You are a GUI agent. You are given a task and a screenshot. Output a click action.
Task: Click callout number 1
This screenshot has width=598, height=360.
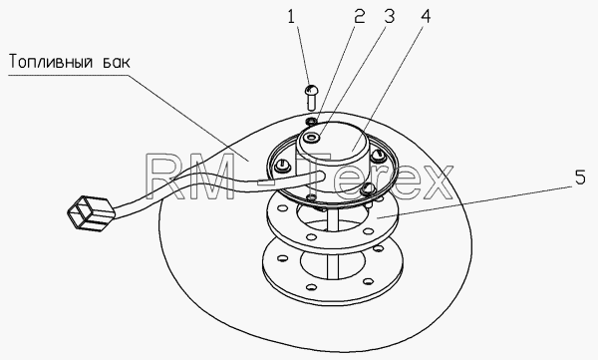(x=291, y=17)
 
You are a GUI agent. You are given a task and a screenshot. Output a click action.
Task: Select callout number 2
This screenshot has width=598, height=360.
(x=359, y=17)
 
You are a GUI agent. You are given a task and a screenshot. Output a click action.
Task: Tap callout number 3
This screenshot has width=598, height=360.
(x=389, y=17)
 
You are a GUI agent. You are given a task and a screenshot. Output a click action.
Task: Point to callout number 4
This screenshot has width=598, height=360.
(x=426, y=17)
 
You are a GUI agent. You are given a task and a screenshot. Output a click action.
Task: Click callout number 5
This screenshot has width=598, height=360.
(x=580, y=178)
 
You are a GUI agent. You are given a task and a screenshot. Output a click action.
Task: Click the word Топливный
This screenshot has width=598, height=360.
(x=51, y=62)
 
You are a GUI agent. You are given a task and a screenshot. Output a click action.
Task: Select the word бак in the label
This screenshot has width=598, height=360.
(x=117, y=61)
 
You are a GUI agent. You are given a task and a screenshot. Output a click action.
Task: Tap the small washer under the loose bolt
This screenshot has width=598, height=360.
(x=311, y=122)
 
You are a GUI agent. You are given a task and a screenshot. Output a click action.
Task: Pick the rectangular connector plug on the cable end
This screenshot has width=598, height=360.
(x=91, y=213)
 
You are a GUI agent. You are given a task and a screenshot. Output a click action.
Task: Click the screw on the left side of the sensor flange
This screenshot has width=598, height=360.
(x=283, y=165)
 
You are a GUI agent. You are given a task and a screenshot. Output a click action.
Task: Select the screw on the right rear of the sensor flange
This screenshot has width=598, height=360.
(x=377, y=154)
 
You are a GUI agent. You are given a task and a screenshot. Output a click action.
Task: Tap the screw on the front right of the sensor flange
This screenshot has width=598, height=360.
(x=367, y=187)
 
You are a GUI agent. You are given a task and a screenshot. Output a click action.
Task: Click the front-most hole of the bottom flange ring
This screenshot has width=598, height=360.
(x=311, y=286)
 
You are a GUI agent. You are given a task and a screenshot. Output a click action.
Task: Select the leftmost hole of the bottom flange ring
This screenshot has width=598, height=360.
(x=282, y=258)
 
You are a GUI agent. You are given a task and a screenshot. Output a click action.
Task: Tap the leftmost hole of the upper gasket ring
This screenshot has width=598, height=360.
(x=282, y=208)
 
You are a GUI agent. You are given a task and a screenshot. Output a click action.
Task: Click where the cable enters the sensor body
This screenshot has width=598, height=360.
(x=320, y=176)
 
